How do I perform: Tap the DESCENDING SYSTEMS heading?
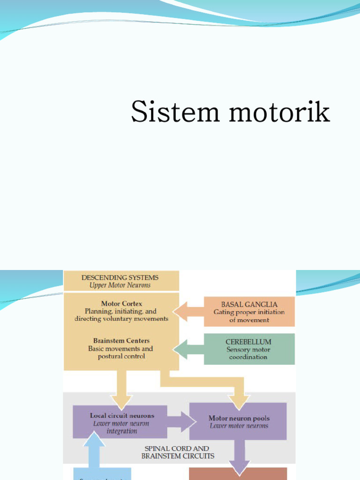[120, 277]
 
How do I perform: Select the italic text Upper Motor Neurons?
[120, 285]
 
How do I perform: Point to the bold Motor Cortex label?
[121, 303]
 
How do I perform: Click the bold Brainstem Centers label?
[121, 341]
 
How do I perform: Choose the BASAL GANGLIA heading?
[249, 304]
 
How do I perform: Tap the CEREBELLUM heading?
[248, 342]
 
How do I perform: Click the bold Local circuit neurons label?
[122, 416]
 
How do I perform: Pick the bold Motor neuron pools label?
[239, 418]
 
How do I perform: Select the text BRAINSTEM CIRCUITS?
[178, 456]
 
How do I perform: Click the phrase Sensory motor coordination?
[248, 353]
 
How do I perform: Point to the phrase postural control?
[121, 356]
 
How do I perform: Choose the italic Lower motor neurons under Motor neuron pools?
[239, 426]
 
